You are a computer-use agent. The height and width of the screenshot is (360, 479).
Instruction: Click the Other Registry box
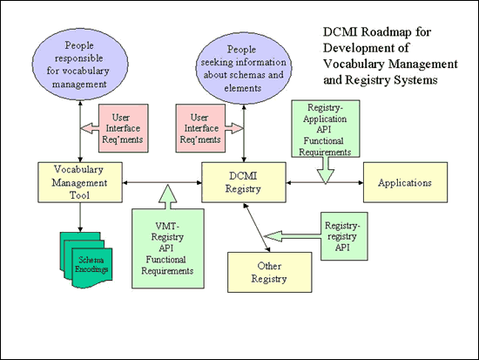click(x=268, y=272)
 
